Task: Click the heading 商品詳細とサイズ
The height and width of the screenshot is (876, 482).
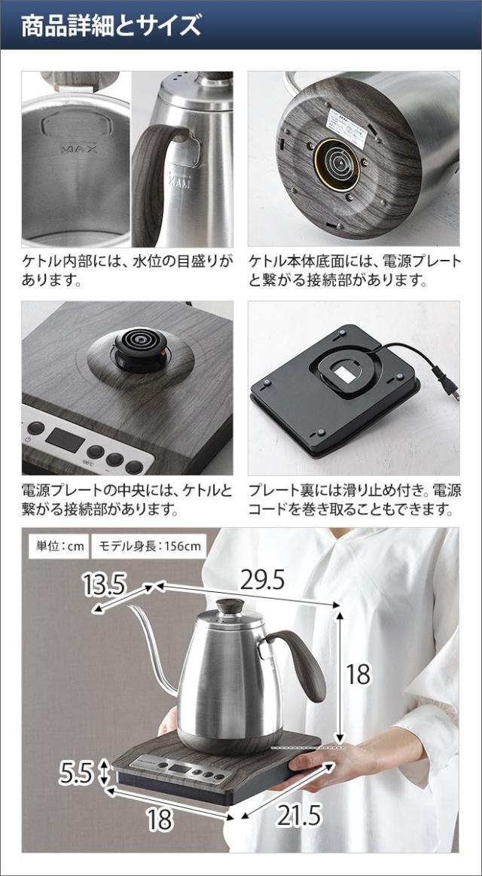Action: click(x=111, y=26)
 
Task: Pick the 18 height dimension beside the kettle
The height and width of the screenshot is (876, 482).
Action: click(x=358, y=674)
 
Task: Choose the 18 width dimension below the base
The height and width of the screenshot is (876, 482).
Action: click(x=159, y=819)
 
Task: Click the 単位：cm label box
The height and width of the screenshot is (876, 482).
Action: click(x=57, y=546)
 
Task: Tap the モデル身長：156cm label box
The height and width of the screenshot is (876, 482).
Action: click(x=148, y=546)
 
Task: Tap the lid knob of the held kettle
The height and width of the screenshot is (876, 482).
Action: click(x=230, y=606)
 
